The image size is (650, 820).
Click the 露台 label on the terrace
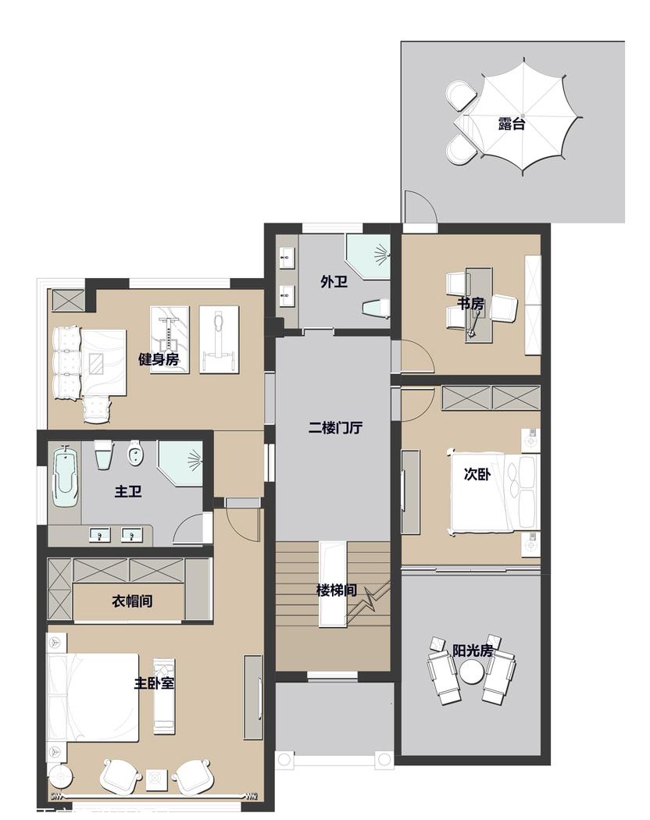click(x=511, y=123)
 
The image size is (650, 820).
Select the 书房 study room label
click(x=470, y=304)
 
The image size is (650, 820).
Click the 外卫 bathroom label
click(x=334, y=282)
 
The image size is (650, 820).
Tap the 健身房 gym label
click(x=159, y=359)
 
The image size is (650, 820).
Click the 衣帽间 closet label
click(x=130, y=601)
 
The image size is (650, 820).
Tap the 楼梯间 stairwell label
click(x=336, y=590)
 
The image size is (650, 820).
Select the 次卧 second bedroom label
click(x=477, y=474)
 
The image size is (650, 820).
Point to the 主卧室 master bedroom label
click(x=154, y=683)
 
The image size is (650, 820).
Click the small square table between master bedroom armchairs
click(x=155, y=778)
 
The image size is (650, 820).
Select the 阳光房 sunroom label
click(x=472, y=651)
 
